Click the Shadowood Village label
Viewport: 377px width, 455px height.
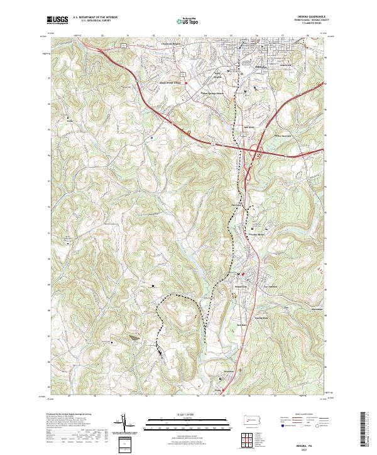pos(170,82)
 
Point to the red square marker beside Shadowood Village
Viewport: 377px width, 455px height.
pos(186,82)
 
